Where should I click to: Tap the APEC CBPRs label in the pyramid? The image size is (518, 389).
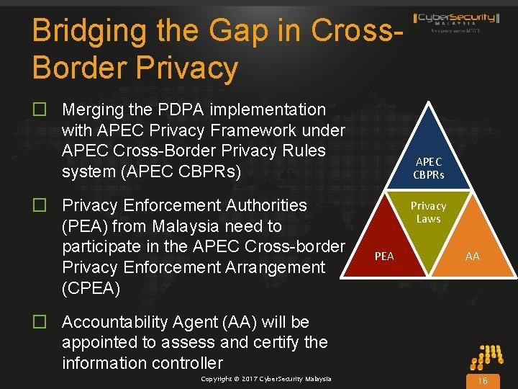pyautogui.click(x=429, y=169)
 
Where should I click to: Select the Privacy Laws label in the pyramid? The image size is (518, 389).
pyautogui.click(x=429, y=213)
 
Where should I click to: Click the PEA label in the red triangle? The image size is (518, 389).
pyautogui.click(x=384, y=256)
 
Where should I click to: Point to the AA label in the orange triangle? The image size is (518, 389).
pyautogui.click(x=472, y=256)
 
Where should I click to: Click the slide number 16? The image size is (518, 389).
pyautogui.click(x=483, y=380)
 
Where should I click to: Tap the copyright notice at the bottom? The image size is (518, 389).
pyautogui.click(x=266, y=379)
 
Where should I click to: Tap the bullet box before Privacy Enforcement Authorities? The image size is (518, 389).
pyautogui.click(x=40, y=206)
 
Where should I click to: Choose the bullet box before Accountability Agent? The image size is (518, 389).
pyautogui.click(x=40, y=322)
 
